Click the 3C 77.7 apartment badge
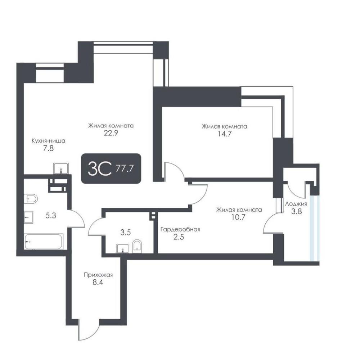[x=111, y=168]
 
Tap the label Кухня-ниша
[x=49, y=141]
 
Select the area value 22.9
[x=111, y=133]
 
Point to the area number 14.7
[x=225, y=134]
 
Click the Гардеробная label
[x=180, y=229]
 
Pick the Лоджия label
[x=296, y=204]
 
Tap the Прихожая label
[x=98, y=275]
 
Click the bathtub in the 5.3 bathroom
[x=44, y=242]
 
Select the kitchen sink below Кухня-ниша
[x=61, y=168]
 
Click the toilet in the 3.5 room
[x=137, y=246]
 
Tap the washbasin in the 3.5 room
[x=123, y=248]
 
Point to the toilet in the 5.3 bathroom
[x=31, y=199]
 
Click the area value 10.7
[x=239, y=217]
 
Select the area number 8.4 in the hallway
[x=98, y=282]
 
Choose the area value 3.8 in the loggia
[x=296, y=211]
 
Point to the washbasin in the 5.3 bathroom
[x=28, y=217]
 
